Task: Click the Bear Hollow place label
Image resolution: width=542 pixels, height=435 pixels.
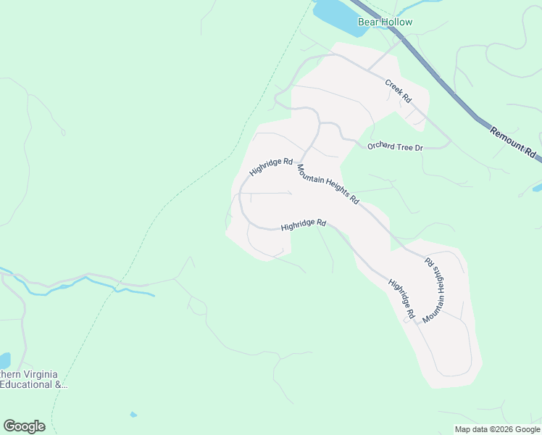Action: click(385, 22)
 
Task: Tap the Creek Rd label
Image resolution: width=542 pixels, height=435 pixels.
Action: click(398, 90)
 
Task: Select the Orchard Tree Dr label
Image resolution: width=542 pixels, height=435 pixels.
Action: click(395, 146)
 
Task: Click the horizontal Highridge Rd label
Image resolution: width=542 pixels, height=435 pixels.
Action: click(304, 225)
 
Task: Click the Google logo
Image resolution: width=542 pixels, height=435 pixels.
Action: click(24, 426)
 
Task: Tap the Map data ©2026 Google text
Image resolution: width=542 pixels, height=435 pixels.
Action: click(497, 429)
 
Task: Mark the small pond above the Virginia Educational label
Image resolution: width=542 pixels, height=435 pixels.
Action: click(4, 360)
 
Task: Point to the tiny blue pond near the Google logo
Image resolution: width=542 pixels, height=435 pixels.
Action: click(133, 415)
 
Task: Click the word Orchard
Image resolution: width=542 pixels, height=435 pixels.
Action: click(380, 146)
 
